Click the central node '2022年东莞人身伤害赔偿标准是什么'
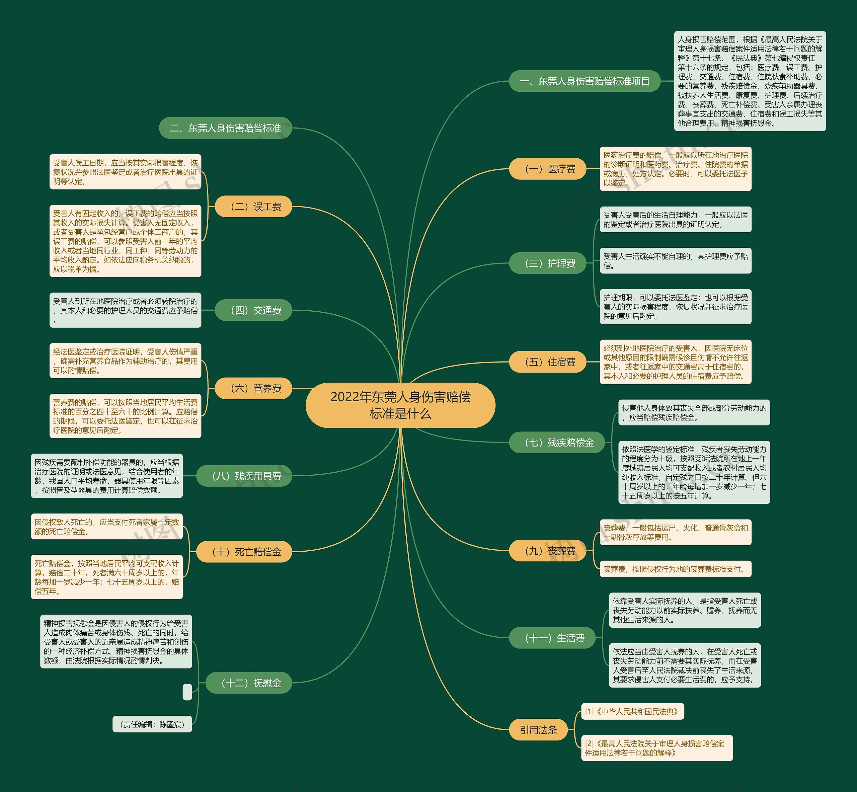pos(400,405)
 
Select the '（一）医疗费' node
pos(547,169)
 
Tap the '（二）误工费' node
pos(253,207)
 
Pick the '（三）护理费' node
pos(547,263)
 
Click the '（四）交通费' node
pos(253,310)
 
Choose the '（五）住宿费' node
pos(547,362)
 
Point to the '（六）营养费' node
pos(253,388)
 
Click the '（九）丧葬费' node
pos(547,551)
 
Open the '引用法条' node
pos(538,729)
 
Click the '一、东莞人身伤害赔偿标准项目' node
pos(585,81)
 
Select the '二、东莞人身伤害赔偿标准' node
pos(225,128)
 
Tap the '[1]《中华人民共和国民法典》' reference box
pos(632,711)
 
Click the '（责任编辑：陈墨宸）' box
pos(152,724)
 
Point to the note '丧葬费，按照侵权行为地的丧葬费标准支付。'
pos(675,569)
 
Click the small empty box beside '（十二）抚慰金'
pos(187,692)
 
